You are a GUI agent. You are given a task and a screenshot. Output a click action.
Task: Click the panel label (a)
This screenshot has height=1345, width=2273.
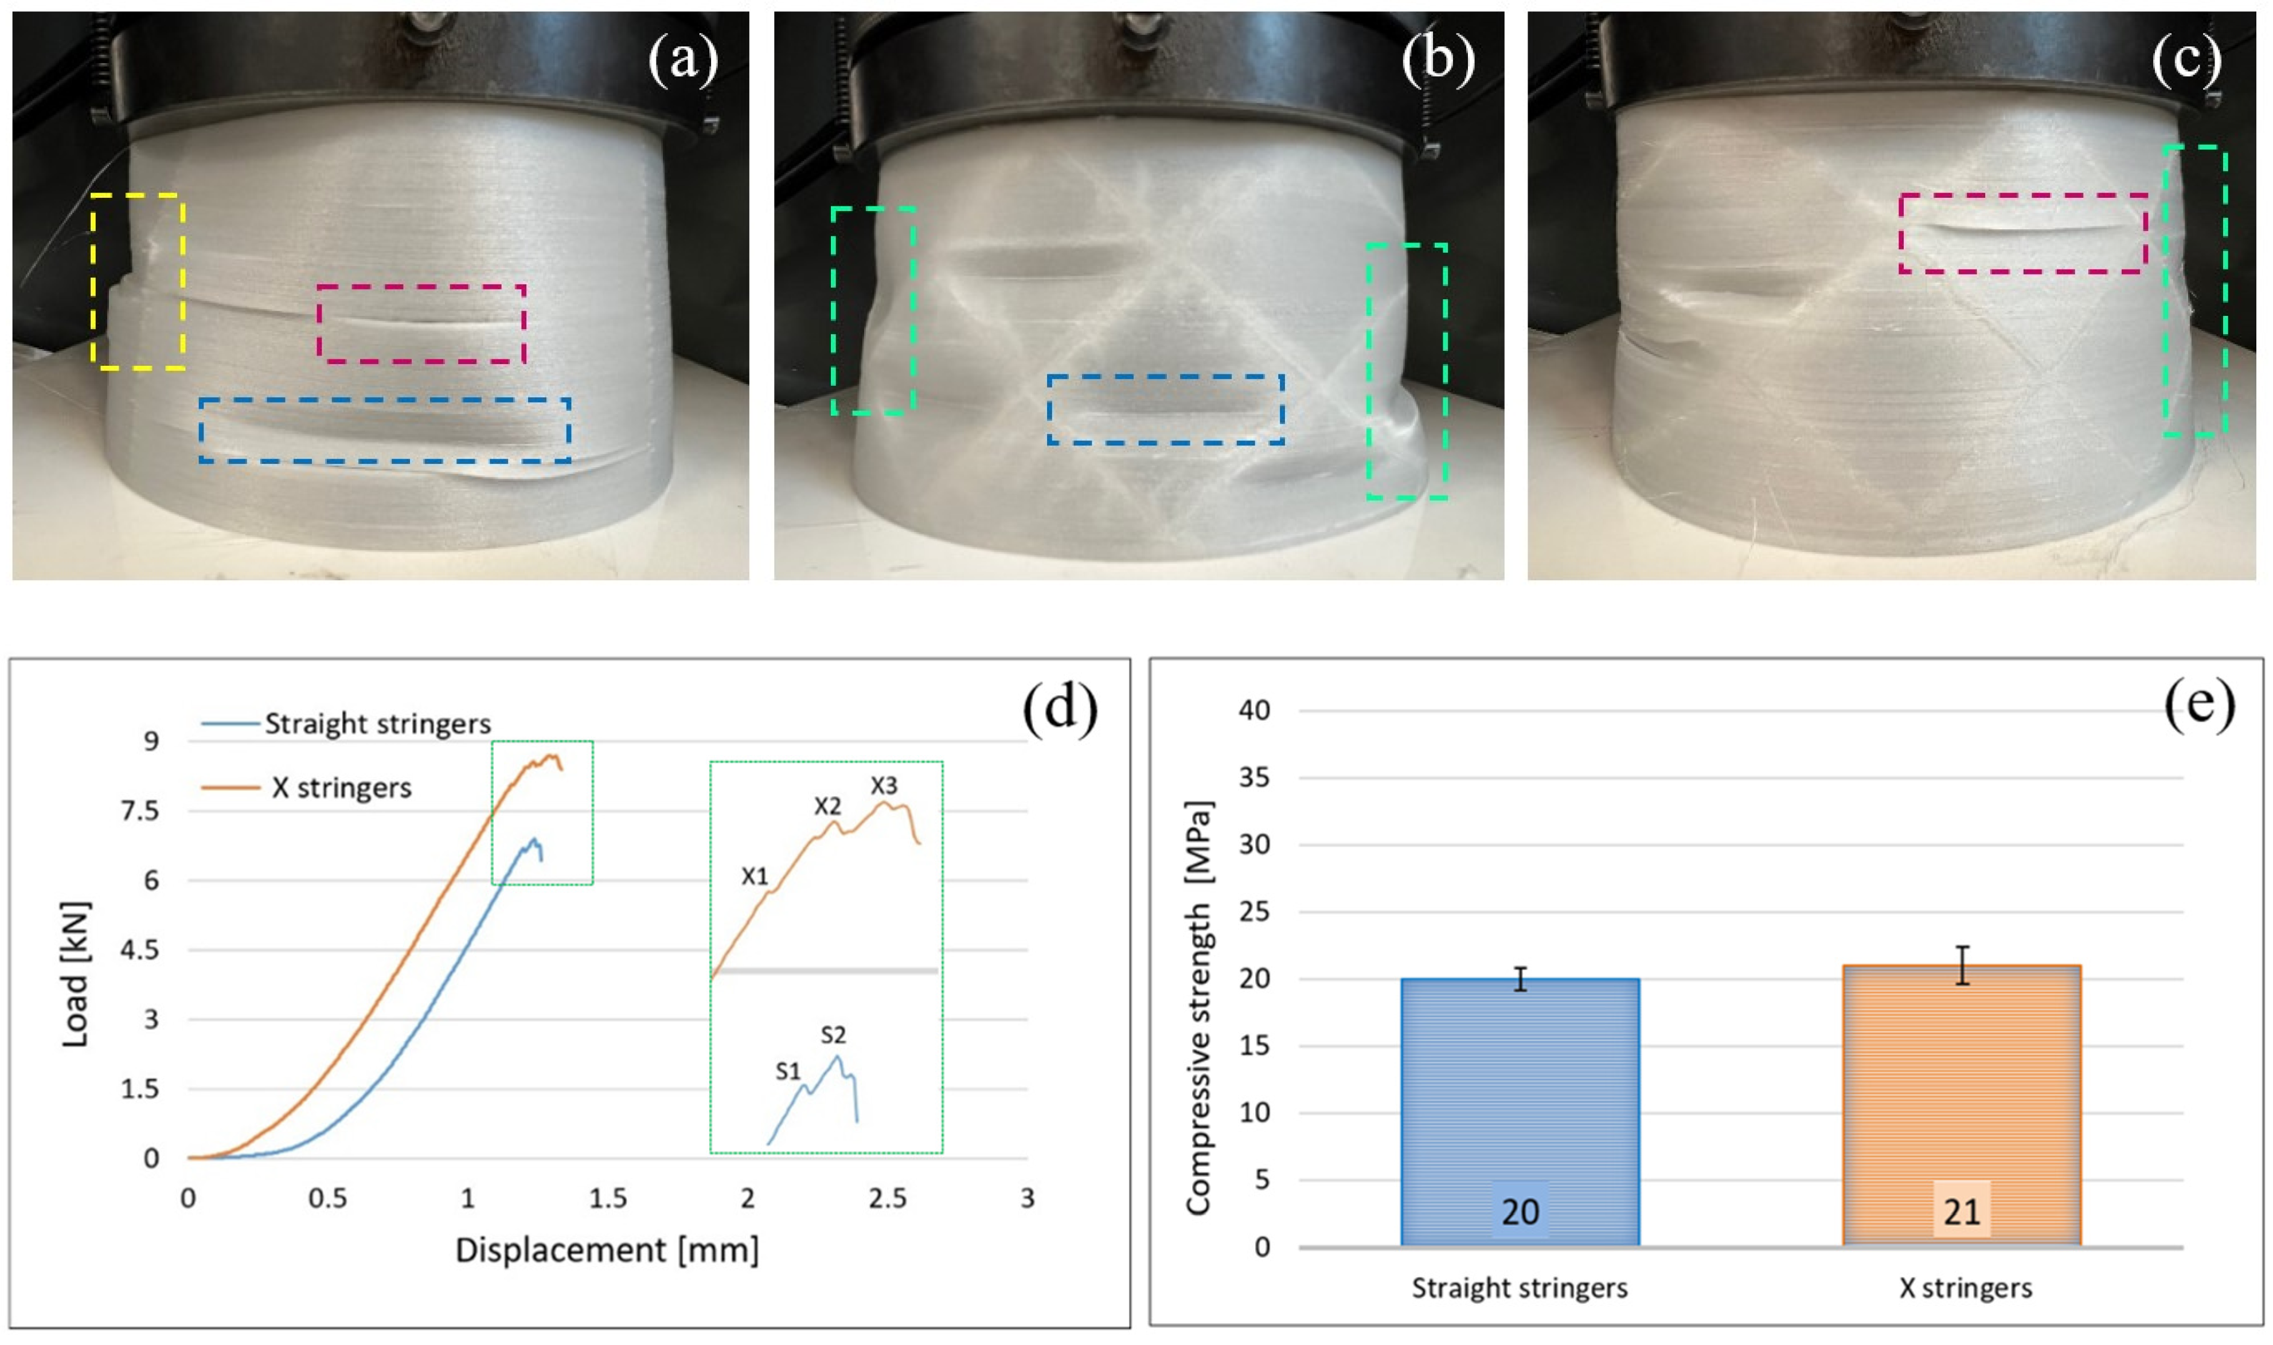click(x=682, y=61)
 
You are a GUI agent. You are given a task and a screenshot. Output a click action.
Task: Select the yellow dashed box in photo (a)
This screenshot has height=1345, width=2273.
click(x=139, y=281)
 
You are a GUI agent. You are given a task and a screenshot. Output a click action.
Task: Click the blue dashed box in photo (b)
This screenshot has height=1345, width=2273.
click(x=1166, y=410)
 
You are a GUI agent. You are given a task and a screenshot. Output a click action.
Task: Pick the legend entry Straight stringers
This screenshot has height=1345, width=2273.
click(x=377, y=724)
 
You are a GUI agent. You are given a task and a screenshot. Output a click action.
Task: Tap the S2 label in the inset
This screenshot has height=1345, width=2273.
click(x=833, y=1035)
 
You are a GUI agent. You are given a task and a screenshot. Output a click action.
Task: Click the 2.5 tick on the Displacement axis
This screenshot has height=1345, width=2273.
click(x=886, y=1199)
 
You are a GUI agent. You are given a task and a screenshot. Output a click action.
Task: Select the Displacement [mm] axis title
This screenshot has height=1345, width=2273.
click(x=606, y=1251)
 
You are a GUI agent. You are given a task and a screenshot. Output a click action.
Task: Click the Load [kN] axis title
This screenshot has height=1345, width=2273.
click(x=76, y=974)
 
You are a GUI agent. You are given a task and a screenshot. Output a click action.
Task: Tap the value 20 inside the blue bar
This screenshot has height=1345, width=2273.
click(x=1520, y=1212)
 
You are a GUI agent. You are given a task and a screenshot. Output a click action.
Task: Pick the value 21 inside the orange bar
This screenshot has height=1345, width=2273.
click(x=1961, y=1212)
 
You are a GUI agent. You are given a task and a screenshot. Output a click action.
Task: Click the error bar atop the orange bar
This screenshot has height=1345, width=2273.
click(x=1962, y=965)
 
